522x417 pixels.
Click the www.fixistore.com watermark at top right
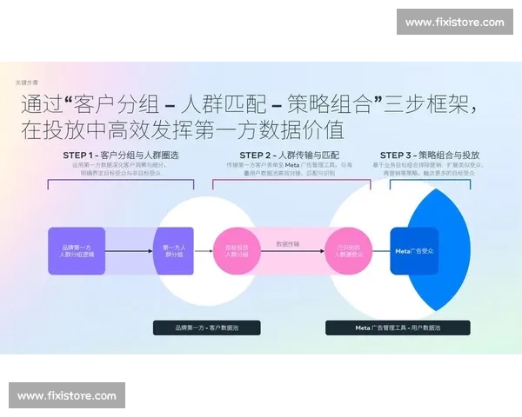point(454,23)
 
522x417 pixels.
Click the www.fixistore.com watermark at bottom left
point(66,395)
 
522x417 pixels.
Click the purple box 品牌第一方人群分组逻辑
point(77,251)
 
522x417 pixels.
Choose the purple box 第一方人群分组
point(173,251)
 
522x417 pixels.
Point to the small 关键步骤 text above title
point(27,82)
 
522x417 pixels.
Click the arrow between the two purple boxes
point(129,252)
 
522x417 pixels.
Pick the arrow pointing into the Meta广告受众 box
point(380,252)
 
